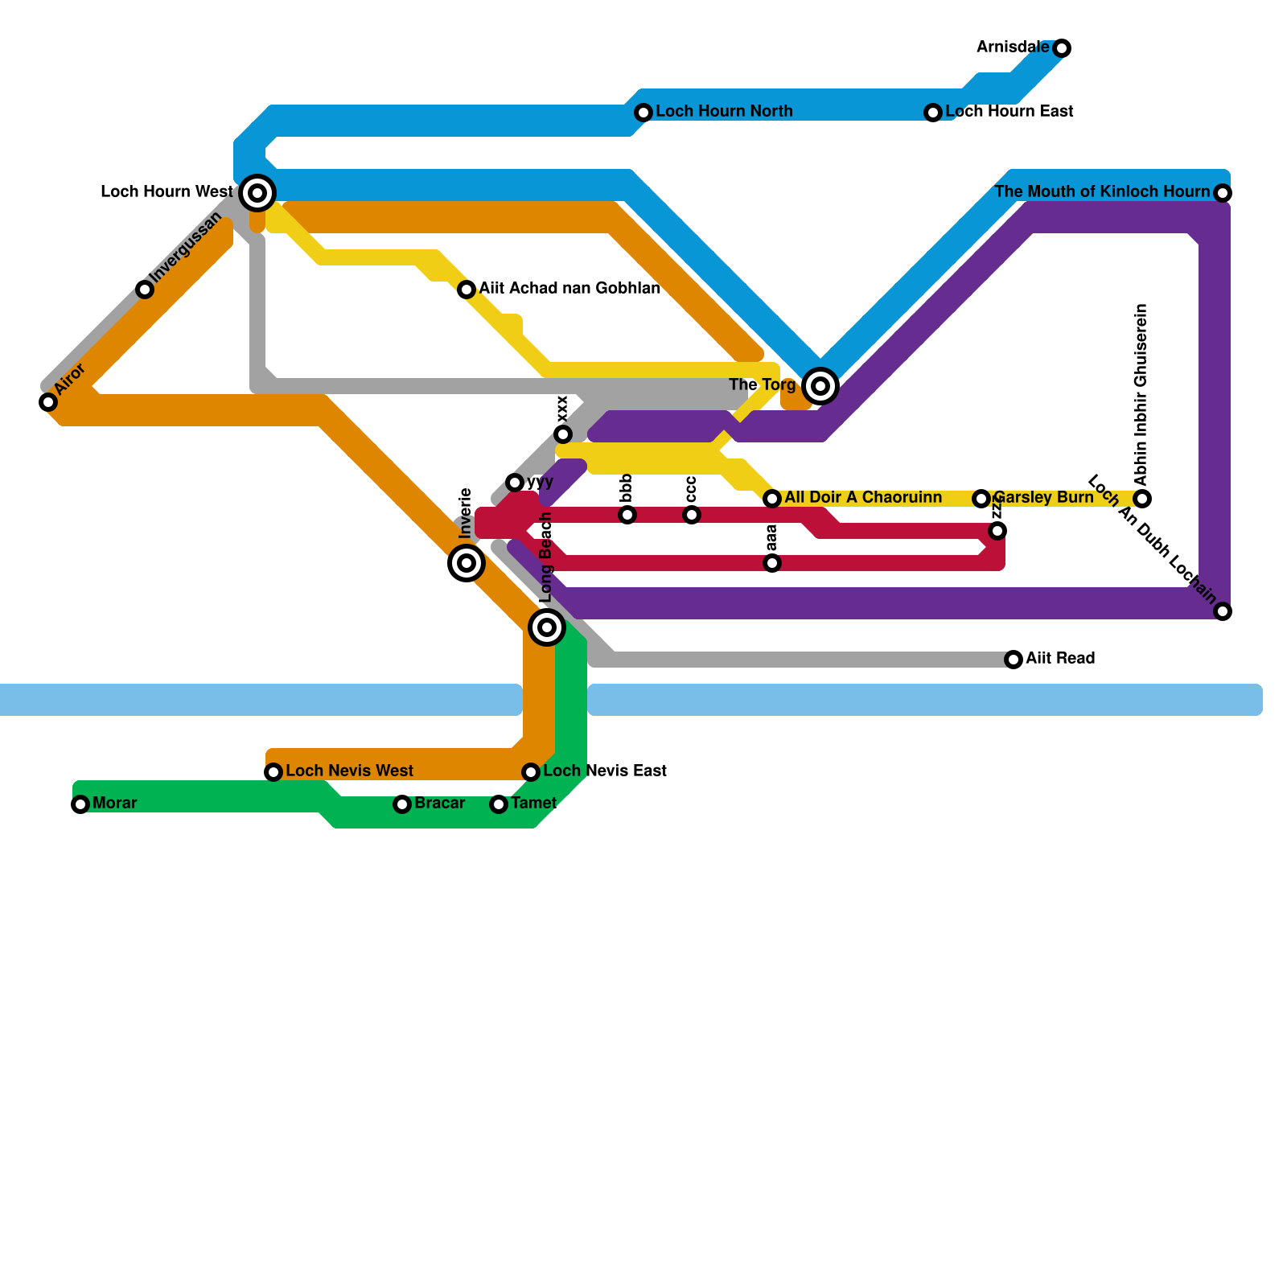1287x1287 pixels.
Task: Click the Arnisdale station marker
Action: coord(1062,48)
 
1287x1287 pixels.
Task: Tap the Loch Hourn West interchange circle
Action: coord(257,192)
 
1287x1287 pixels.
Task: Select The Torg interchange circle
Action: coord(820,386)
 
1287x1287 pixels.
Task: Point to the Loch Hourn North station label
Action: coord(724,112)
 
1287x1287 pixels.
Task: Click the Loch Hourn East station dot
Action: coord(933,113)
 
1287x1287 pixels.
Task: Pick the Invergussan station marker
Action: coord(145,290)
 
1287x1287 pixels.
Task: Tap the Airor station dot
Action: coord(48,402)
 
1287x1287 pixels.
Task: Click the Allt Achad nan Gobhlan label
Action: coord(569,289)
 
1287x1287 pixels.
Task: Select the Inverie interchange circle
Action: coord(467,563)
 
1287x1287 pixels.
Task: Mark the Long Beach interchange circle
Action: coord(547,627)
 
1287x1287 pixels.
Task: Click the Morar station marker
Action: coord(80,804)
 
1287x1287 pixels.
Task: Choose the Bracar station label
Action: coord(439,804)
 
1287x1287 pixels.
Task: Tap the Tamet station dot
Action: coord(499,804)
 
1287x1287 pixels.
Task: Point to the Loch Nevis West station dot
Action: coord(273,772)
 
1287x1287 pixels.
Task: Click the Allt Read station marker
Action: coord(1014,660)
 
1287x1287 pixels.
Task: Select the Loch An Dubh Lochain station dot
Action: coord(1223,611)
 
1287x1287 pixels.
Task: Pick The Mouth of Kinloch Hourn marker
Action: coord(1223,193)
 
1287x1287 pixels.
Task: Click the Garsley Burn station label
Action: coord(1043,498)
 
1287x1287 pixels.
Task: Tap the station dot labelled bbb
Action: coord(627,515)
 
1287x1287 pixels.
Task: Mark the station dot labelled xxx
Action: coord(563,434)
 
